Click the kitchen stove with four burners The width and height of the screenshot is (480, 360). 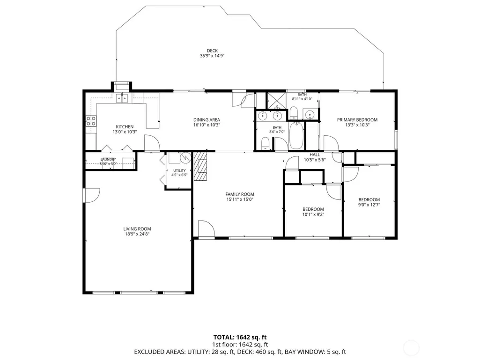(x=91, y=121)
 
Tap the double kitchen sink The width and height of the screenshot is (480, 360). (x=122, y=98)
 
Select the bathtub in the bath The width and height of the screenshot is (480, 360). (x=296, y=135)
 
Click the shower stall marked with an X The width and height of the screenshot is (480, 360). (x=277, y=100)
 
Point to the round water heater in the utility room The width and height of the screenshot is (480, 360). (x=185, y=158)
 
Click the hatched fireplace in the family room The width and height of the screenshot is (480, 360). (x=200, y=166)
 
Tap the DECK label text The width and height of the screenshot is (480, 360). (x=212, y=51)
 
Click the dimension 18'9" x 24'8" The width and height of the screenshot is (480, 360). (x=137, y=234)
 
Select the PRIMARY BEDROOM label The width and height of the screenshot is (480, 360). (x=357, y=120)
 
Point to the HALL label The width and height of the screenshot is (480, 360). (x=315, y=154)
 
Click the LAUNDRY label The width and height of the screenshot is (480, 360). (x=108, y=160)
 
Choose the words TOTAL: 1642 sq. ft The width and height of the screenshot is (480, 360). (x=240, y=338)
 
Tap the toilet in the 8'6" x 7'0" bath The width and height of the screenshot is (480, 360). (x=265, y=144)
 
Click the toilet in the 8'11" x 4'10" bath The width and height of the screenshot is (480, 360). (x=293, y=113)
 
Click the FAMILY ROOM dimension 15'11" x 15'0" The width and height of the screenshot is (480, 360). (x=240, y=199)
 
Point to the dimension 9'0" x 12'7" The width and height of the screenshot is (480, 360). (x=369, y=205)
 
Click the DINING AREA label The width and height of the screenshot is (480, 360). (x=207, y=120)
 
